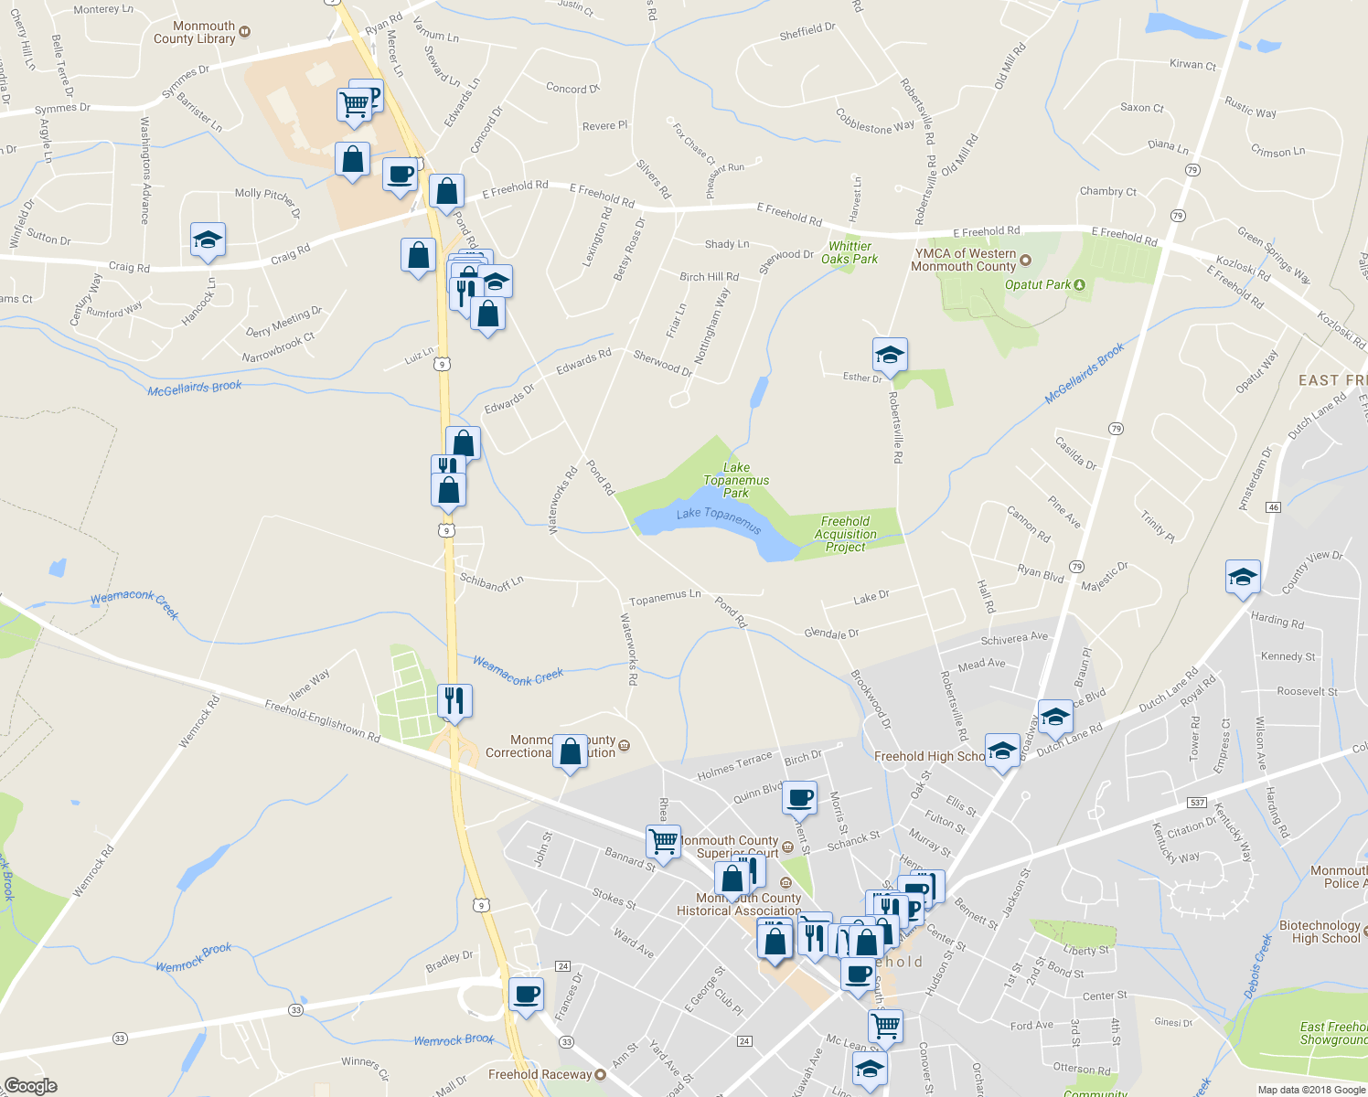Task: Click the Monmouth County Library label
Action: click(194, 33)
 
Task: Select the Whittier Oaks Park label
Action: click(850, 252)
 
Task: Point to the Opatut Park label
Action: click(1037, 284)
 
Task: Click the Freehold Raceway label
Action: click(540, 1074)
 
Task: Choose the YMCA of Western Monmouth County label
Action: click(964, 260)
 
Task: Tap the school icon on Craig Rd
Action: click(208, 240)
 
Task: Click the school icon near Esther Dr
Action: click(889, 354)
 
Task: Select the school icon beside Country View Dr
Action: click(1242, 578)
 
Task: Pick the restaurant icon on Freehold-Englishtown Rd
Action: click(454, 701)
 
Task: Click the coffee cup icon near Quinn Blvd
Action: click(800, 797)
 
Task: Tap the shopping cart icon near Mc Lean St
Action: click(885, 1026)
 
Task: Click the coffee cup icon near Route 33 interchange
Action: click(526, 995)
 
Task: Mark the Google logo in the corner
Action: click(30, 1086)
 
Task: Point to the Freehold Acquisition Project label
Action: click(846, 534)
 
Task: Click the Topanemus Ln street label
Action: click(665, 597)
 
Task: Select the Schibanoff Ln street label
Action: click(491, 581)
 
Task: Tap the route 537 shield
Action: click(1197, 803)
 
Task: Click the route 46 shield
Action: click(1273, 506)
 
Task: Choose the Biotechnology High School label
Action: click(1320, 932)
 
